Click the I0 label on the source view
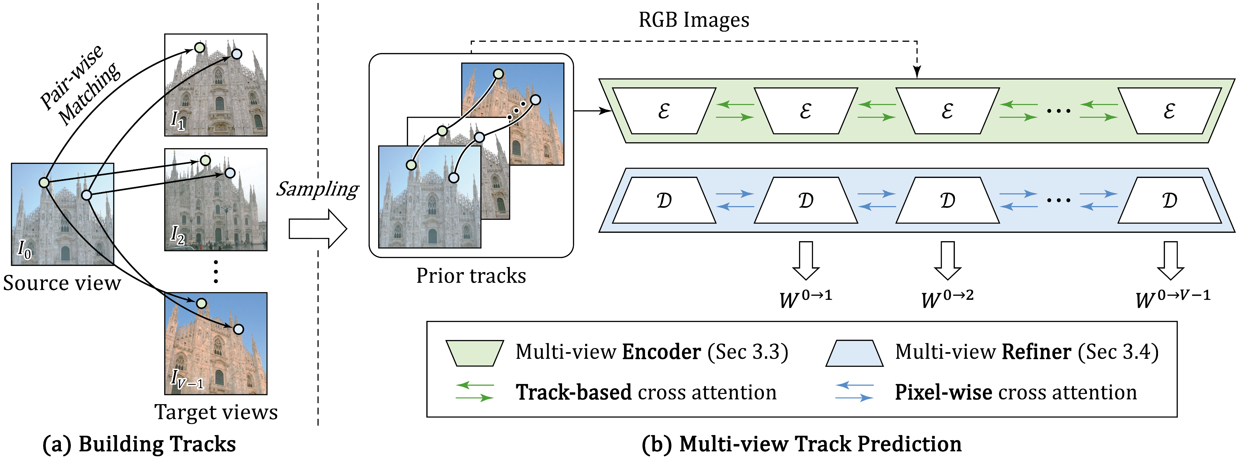pyautogui.click(x=24, y=249)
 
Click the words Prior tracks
pyautogui.click(x=471, y=276)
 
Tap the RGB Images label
pyautogui.click(x=693, y=20)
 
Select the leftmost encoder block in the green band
pyautogui.click(x=664, y=111)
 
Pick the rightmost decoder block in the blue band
pyautogui.click(x=1169, y=200)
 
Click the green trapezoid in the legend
pyautogui.click(x=474, y=353)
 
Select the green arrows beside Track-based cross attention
pyautogui.click(x=474, y=392)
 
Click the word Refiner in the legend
pyautogui.click(x=1036, y=352)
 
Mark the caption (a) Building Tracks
pyautogui.click(x=139, y=444)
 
